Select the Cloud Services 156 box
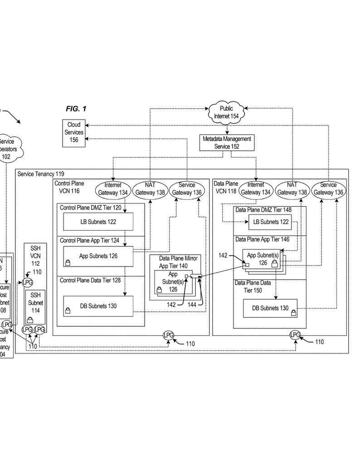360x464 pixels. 74,132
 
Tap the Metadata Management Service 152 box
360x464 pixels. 227,143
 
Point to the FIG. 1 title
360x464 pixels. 76,109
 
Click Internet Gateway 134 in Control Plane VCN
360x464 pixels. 113,189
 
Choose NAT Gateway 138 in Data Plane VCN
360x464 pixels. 292,189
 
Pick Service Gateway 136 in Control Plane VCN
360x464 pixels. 187,189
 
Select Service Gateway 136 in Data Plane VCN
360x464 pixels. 328,189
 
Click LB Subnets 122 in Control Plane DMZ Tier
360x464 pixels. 98,222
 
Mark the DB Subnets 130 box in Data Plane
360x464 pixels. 270,308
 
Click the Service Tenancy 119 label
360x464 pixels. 41,174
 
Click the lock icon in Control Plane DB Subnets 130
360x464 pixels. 68,311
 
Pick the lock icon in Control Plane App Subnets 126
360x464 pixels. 68,262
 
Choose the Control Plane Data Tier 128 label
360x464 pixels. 90,280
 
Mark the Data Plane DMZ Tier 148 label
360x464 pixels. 263,210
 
